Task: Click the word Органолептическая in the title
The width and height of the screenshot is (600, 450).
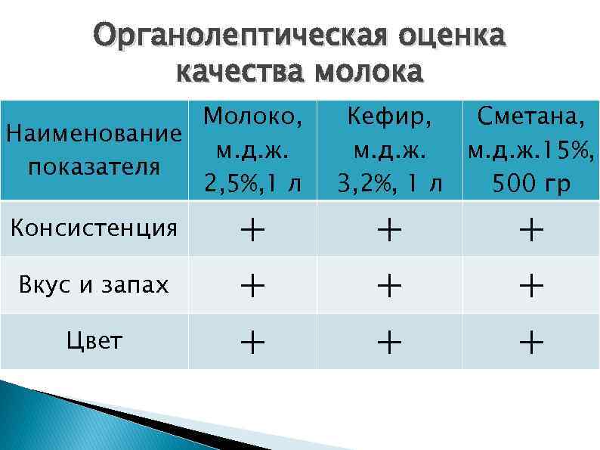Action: pos(227,36)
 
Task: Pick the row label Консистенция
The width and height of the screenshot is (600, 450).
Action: pos(93,227)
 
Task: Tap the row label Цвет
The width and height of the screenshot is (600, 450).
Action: pos(93,341)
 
